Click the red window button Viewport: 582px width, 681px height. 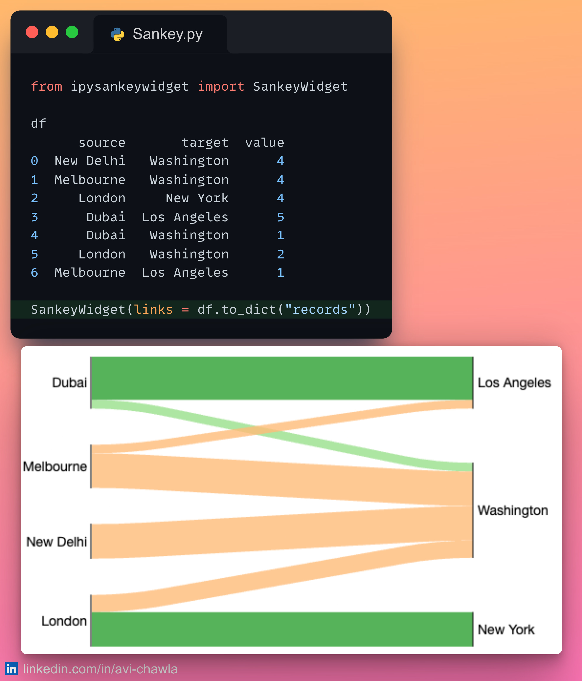(32, 32)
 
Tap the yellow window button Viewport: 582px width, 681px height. (52, 32)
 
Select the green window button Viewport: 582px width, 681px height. (72, 32)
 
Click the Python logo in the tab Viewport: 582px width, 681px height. (117, 34)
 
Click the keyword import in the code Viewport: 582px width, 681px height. (221, 87)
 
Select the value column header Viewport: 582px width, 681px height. (265, 143)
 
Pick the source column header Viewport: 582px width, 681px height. (102, 143)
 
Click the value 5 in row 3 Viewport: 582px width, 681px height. (280, 217)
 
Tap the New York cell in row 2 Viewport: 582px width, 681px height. (197, 198)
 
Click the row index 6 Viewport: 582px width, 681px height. (34, 273)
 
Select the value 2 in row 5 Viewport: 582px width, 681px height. (280, 254)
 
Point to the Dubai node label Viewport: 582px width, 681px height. (69, 383)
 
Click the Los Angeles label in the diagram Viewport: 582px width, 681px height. (514, 383)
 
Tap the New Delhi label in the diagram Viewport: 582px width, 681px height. (57, 542)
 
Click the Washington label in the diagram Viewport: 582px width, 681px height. (513, 510)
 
